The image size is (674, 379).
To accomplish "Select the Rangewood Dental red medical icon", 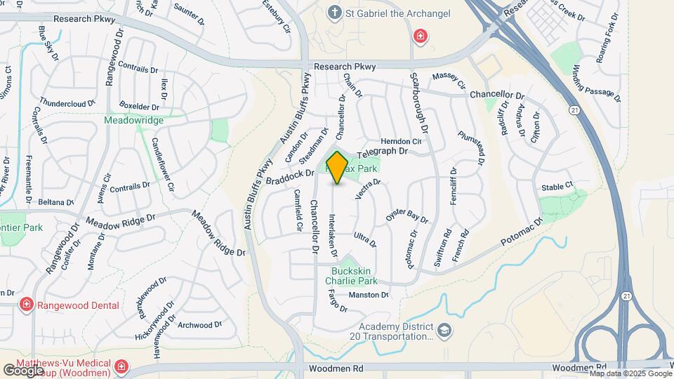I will [27, 305].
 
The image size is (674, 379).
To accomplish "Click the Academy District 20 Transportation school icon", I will [444, 330].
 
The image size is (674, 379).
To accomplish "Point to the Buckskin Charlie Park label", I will [352, 276].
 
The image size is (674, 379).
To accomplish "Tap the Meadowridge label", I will [133, 120].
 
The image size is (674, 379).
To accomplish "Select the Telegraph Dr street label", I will [383, 152].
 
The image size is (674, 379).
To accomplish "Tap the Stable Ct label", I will [557, 187].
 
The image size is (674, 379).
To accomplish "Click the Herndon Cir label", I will [401, 141].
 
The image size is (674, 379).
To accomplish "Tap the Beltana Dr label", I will [56, 202].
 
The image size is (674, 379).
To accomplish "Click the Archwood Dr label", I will [200, 325].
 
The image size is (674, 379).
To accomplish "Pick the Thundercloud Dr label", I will [67, 103].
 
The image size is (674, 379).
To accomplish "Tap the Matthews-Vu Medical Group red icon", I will [121, 366].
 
